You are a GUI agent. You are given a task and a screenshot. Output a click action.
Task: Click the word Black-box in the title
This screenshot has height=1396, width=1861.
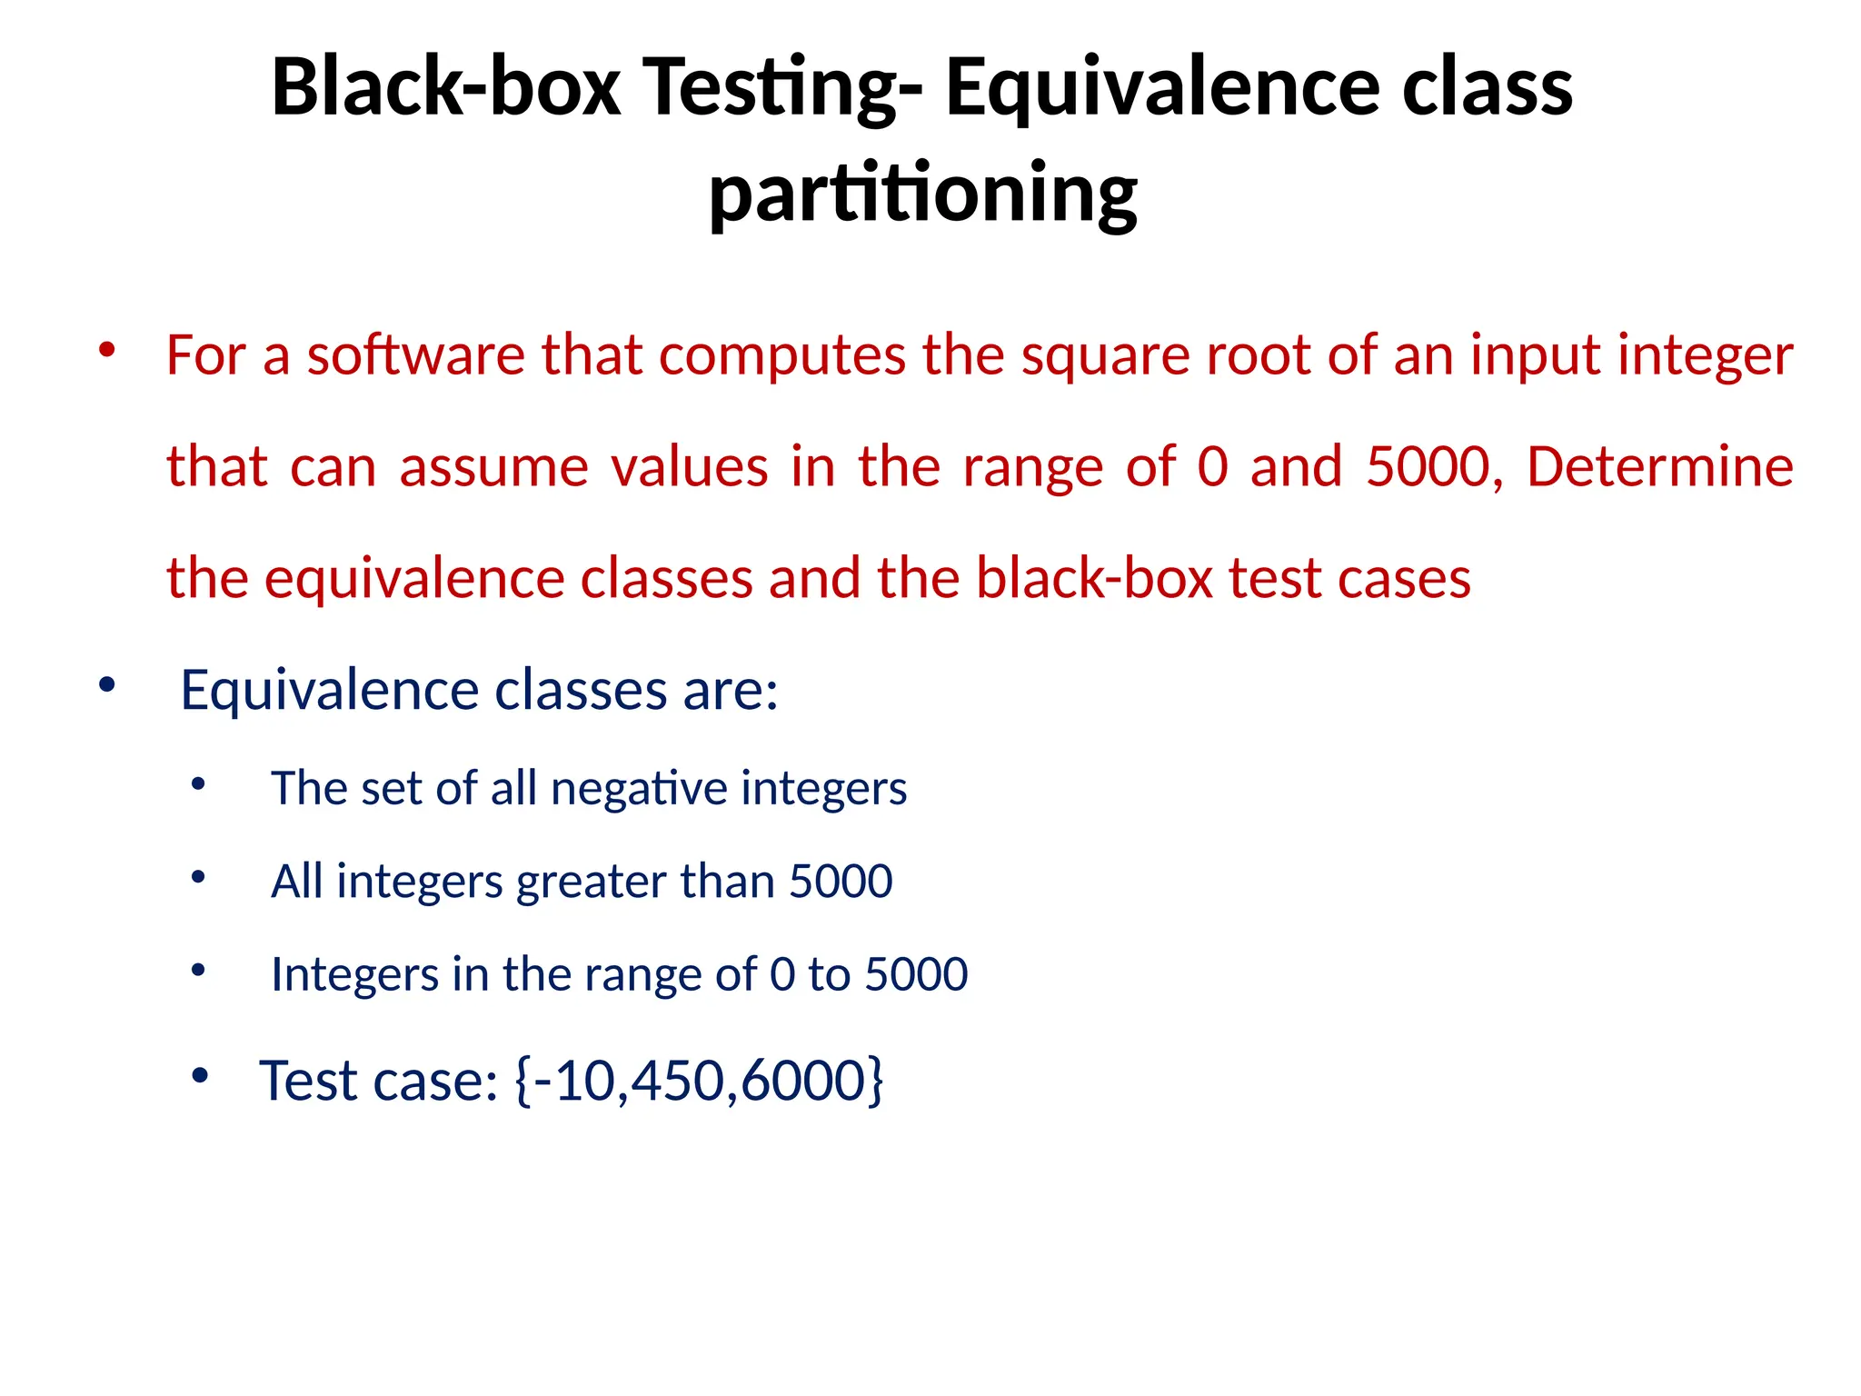[x=445, y=87]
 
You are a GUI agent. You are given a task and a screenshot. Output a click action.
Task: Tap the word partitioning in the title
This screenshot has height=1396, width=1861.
[x=922, y=194]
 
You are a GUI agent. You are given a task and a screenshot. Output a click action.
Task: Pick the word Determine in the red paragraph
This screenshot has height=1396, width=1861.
[x=1659, y=466]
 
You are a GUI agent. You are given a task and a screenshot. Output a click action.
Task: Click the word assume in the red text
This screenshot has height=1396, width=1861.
[x=494, y=466]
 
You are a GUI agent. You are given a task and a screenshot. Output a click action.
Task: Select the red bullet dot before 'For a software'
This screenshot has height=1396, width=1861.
[x=107, y=350]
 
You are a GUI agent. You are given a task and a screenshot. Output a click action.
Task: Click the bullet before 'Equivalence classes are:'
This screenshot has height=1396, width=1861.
[x=107, y=685]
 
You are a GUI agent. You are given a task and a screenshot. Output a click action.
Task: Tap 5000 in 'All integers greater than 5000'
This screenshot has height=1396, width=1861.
[x=841, y=882]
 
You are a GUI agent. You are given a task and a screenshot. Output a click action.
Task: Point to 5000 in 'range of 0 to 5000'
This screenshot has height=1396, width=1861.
[x=916, y=974]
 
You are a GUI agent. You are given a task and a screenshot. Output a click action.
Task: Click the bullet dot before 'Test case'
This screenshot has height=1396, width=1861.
[x=200, y=1077]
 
